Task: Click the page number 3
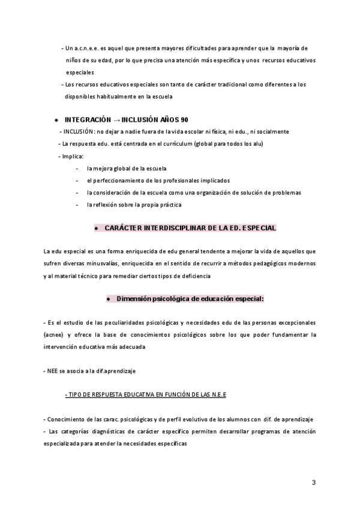313,483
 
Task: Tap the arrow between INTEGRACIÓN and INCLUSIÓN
116,119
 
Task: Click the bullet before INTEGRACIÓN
55,120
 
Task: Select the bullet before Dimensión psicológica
107,299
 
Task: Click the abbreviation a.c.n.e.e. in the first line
89,48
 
